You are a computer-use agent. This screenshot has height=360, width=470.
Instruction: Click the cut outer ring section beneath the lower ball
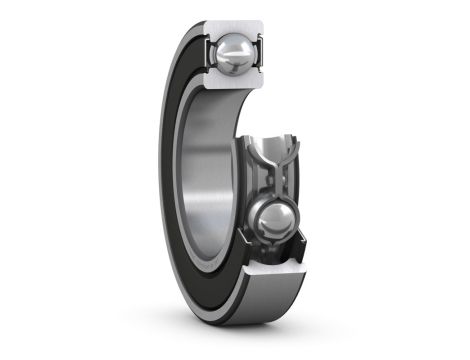(x=270, y=262)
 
